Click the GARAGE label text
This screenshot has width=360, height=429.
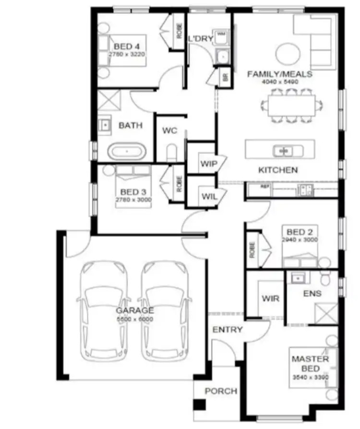(x=134, y=310)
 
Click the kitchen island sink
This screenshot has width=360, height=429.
(x=282, y=151)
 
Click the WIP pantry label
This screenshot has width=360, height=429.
(x=209, y=164)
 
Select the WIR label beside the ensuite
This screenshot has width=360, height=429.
(x=270, y=298)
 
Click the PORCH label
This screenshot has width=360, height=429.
(x=221, y=391)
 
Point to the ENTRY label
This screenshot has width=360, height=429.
(x=228, y=330)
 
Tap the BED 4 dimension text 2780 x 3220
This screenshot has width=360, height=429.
(x=127, y=54)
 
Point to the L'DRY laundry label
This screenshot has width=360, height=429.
(x=200, y=39)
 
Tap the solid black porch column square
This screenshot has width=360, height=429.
(x=199, y=404)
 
